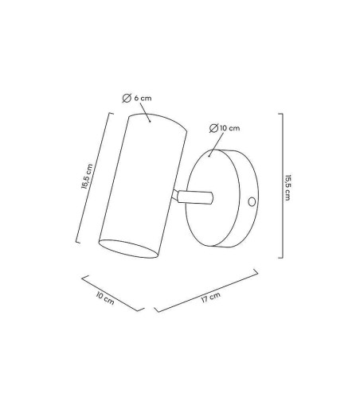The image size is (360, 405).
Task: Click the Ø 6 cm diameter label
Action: pyautogui.click(x=137, y=98)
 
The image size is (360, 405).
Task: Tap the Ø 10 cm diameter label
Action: pyautogui.click(x=225, y=128)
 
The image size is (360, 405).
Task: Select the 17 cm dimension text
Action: pyautogui.click(x=211, y=298)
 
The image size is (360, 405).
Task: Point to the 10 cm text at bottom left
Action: pyautogui.click(x=105, y=298)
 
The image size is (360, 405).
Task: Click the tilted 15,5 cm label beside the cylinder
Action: pyautogui.click(x=87, y=177)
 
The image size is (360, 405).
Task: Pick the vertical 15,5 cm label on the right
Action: pyautogui.click(x=288, y=188)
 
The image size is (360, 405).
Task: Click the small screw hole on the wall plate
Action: pyautogui.click(x=252, y=202)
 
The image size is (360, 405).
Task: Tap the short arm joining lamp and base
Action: pyautogui.click(x=193, y=197)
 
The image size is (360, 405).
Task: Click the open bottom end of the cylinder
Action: pyautogui.click(x=129, y=249)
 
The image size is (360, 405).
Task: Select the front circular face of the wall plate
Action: pyautogui.click(x=213, y=198)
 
